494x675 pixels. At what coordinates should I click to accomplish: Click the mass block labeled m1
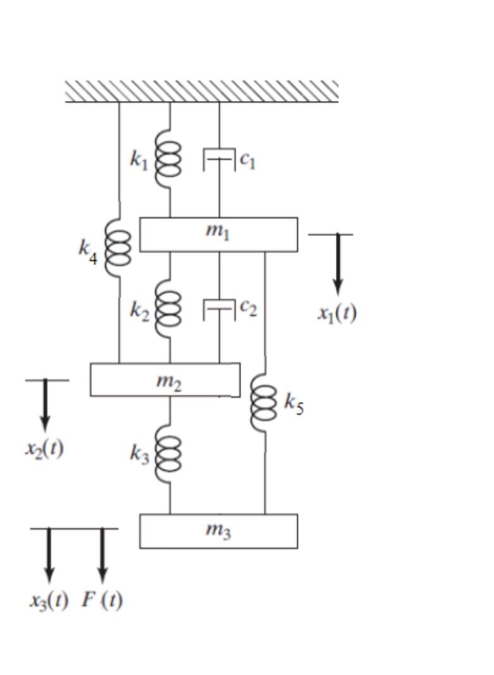218,234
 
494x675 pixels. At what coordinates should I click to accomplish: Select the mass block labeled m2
165,380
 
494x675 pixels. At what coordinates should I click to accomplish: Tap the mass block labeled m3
218,531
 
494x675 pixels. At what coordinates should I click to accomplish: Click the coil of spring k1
170,162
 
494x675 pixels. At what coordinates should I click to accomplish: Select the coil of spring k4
119,248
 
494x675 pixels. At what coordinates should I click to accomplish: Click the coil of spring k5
264,403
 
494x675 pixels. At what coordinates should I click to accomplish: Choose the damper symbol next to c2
219,309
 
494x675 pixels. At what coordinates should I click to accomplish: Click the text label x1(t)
337,313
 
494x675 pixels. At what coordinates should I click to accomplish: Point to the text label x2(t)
44,448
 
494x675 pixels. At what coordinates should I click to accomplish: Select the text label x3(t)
49,600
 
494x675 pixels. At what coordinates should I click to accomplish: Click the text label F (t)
102,600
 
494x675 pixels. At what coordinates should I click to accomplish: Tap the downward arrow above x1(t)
338,263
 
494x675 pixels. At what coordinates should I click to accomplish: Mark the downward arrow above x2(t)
45,404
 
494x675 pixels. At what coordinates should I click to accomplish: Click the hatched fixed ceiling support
202,91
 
